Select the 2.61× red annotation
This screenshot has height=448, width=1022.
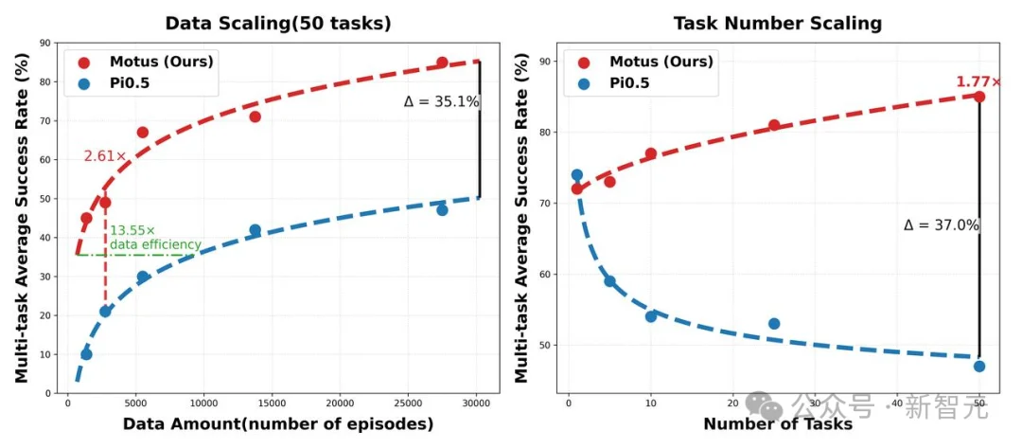point(105,156)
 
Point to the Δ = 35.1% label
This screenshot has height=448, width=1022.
point(441,101)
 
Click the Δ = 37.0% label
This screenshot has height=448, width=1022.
point(941,225)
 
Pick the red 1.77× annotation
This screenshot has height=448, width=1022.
point(978,82)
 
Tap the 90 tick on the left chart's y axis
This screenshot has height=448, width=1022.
point(45,43)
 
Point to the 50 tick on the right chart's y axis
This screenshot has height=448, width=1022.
point(544,345)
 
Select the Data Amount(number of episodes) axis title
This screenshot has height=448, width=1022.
point(278,424)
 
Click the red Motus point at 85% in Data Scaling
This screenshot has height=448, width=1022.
point(442,63)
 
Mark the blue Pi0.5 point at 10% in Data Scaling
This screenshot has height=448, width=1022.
point(86,354)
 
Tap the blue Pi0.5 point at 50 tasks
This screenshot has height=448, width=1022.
point(978,366)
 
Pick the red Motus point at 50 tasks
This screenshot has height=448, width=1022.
point(978,97)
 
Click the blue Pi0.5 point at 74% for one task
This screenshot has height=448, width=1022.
point(576,175)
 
